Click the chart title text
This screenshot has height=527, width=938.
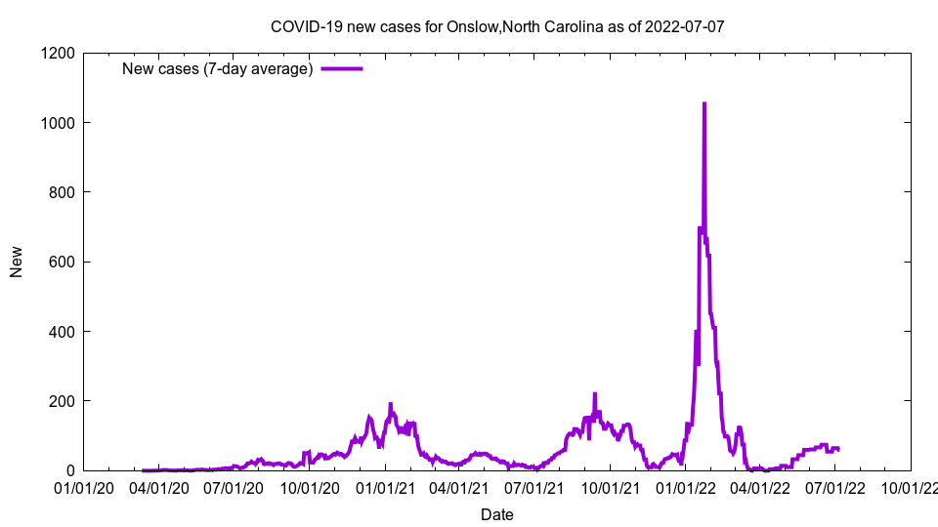(x=497, y=26)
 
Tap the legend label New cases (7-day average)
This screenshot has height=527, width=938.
(x=217, y=68)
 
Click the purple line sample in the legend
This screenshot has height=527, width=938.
(x=342, y=68)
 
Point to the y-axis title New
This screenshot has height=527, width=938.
(x=17, y=262)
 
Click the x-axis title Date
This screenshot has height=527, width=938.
(x=497, y=514)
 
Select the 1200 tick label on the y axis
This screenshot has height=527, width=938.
(x=60, y=53)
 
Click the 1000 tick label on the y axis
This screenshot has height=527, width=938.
(x=60, y=123)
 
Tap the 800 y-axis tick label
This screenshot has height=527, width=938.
(x=64, y=192)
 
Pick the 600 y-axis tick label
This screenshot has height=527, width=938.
(x=64, y=262)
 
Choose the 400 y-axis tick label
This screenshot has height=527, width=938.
(x=64, y=332)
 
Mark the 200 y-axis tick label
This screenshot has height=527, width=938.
(x=64, y=401)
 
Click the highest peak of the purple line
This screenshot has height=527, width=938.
(x=704, y=103)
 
